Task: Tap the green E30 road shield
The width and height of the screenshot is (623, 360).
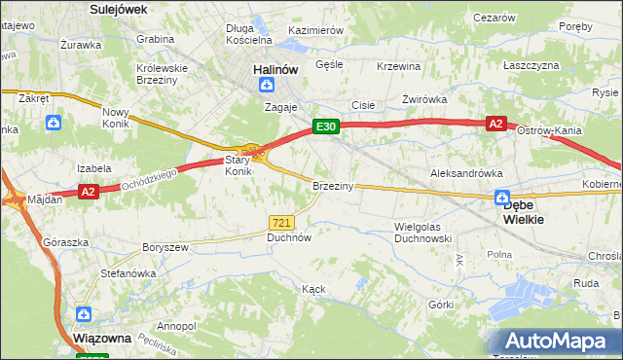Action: click(325, 126)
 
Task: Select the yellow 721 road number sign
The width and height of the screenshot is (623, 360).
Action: click(281, 222)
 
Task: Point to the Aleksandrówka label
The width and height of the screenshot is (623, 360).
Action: click(466, 172)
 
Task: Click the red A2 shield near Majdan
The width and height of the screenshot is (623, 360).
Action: click(88, 192)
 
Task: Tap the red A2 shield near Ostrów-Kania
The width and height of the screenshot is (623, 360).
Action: click(495, 124)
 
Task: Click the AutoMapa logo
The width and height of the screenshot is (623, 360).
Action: click(559, 342)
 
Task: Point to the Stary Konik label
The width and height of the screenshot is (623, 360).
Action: click(239, 165)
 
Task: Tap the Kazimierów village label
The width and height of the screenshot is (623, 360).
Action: click(316, 30)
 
